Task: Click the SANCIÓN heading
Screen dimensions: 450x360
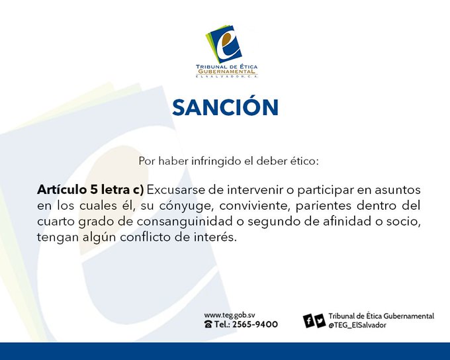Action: coord(225,107)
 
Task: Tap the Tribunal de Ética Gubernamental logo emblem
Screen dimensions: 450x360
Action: coord(224,44)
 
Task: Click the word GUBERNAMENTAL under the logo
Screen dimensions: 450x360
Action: coord(227,71)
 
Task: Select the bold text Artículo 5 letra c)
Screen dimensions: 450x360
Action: coord(90,190)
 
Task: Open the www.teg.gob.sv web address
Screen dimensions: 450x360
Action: coord(230,316)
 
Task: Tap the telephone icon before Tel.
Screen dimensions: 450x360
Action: coord(208,324)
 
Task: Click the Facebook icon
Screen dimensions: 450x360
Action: coord(309,321)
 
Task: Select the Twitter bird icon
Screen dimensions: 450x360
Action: coord(320,321)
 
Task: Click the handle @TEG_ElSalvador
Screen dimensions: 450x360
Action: coord(357,326)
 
